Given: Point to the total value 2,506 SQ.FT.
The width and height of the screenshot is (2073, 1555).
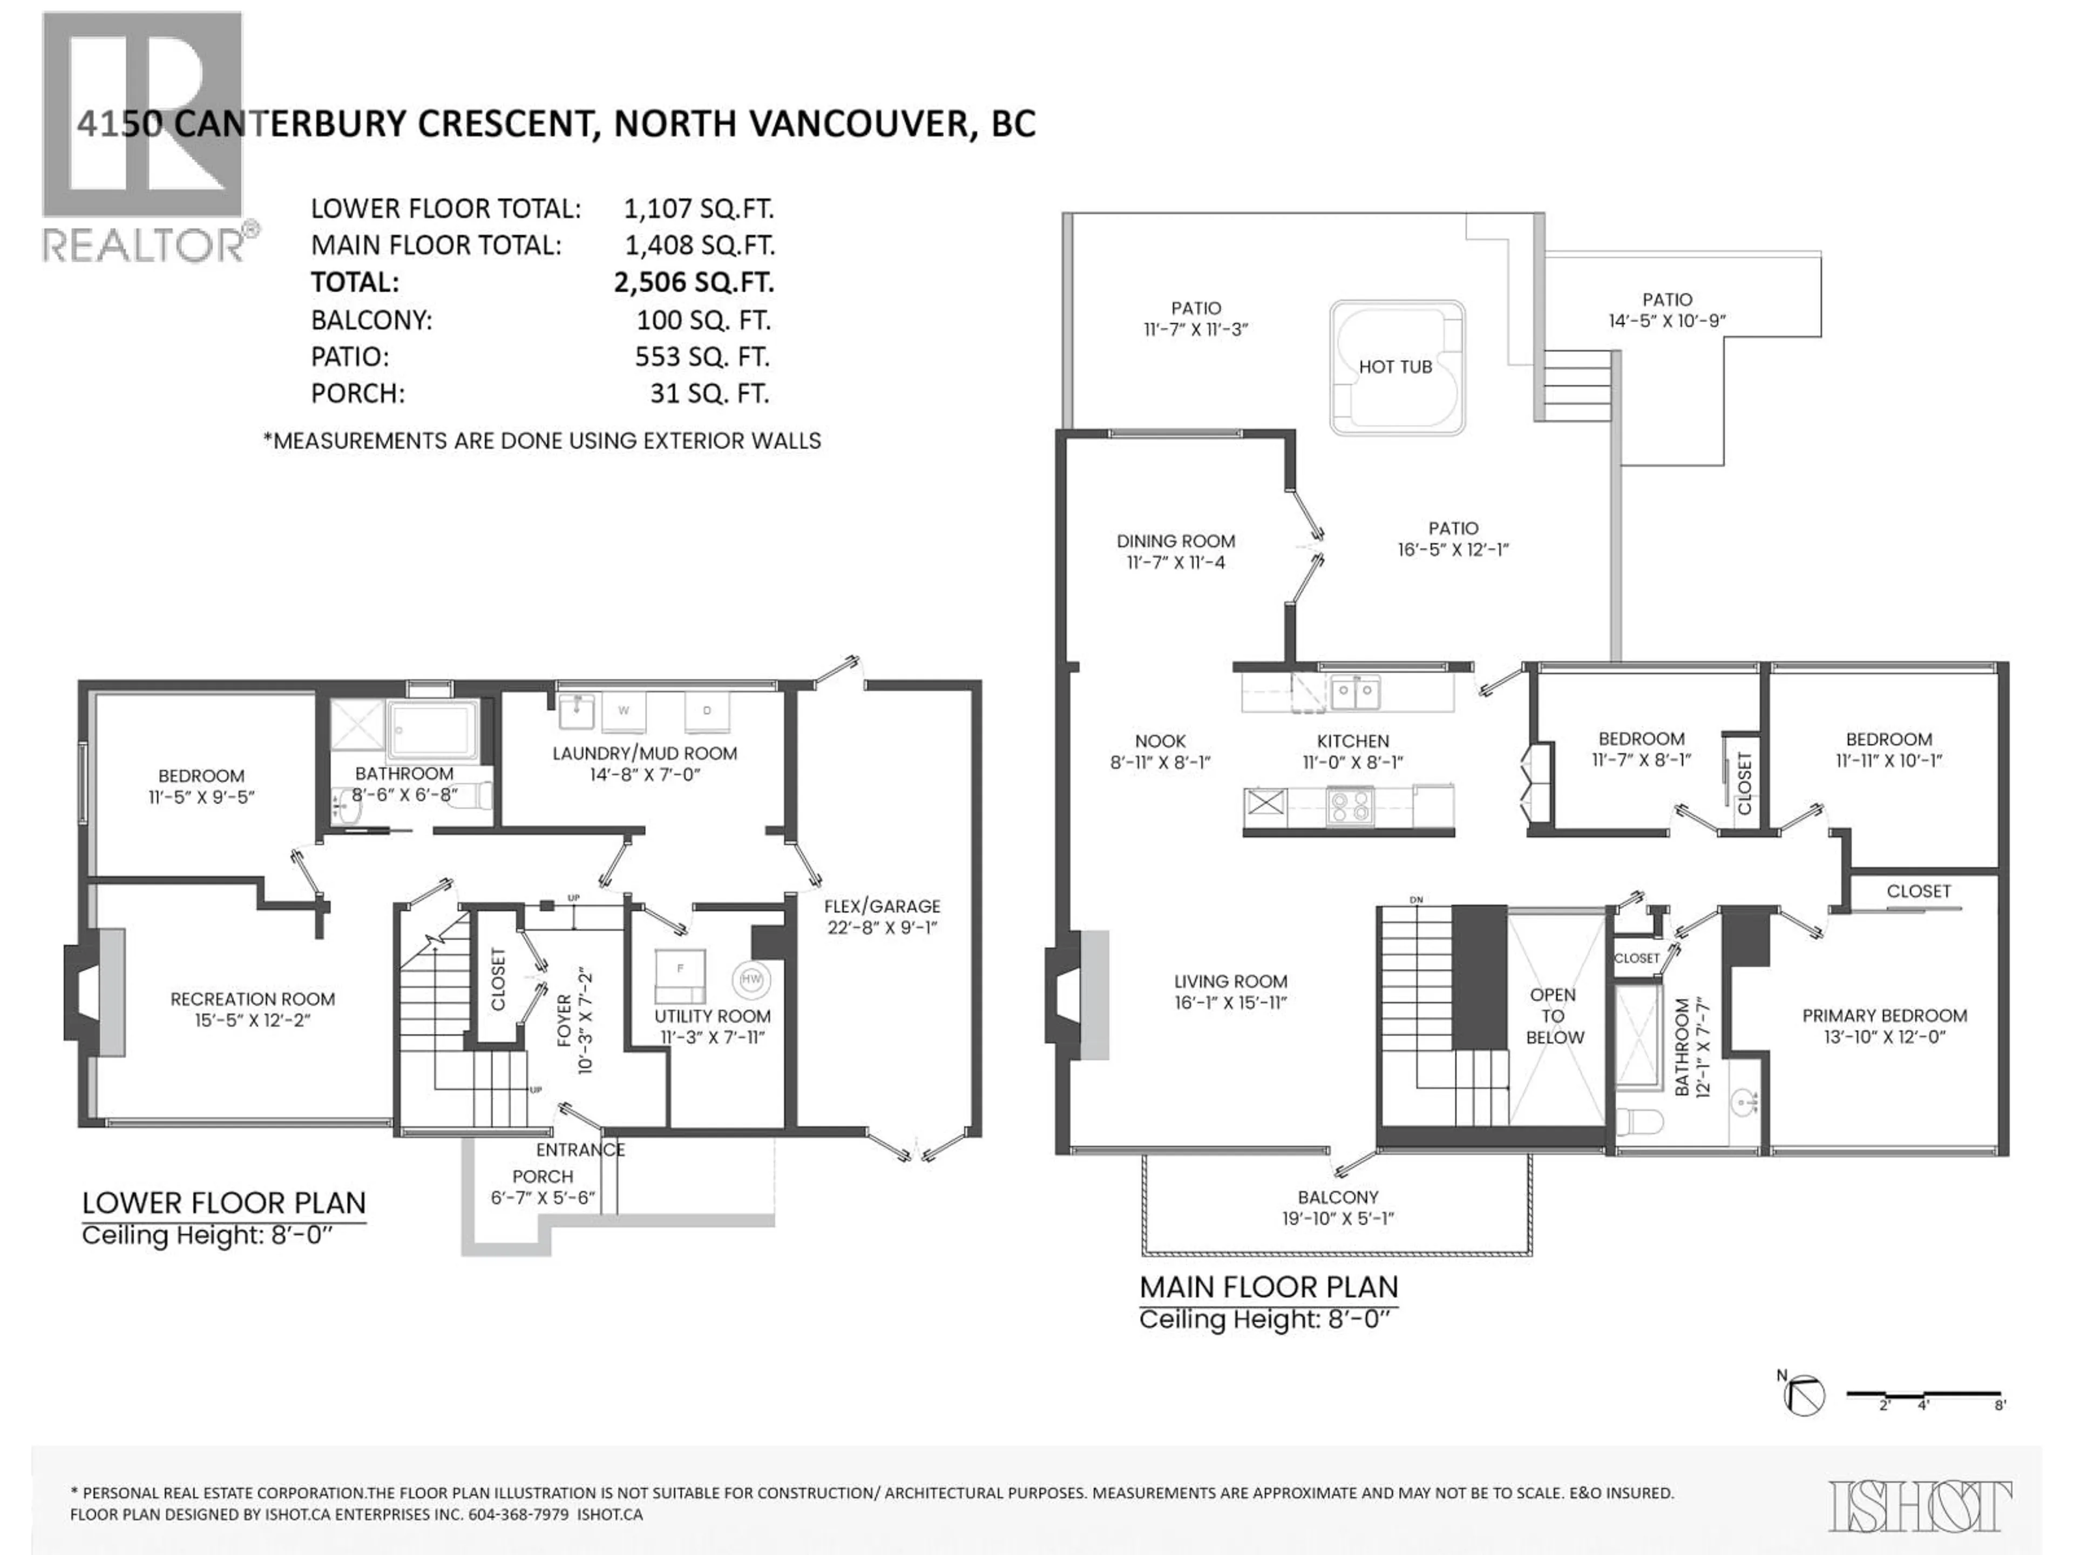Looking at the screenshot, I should (694, 282).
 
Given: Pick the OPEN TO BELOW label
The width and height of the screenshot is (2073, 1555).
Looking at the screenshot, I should (1554, 1016).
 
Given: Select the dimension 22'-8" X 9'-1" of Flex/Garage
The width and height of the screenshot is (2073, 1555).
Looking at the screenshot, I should (882, 928).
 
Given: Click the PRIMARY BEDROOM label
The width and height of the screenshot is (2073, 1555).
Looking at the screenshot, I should (1884, 1016).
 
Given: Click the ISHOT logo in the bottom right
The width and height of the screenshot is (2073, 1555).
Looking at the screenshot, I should (1919, 1506).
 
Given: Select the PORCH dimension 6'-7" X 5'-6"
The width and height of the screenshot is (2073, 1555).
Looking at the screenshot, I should (543, 1198).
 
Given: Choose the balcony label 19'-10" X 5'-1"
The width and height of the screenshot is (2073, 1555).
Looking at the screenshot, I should (1337, 1219).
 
